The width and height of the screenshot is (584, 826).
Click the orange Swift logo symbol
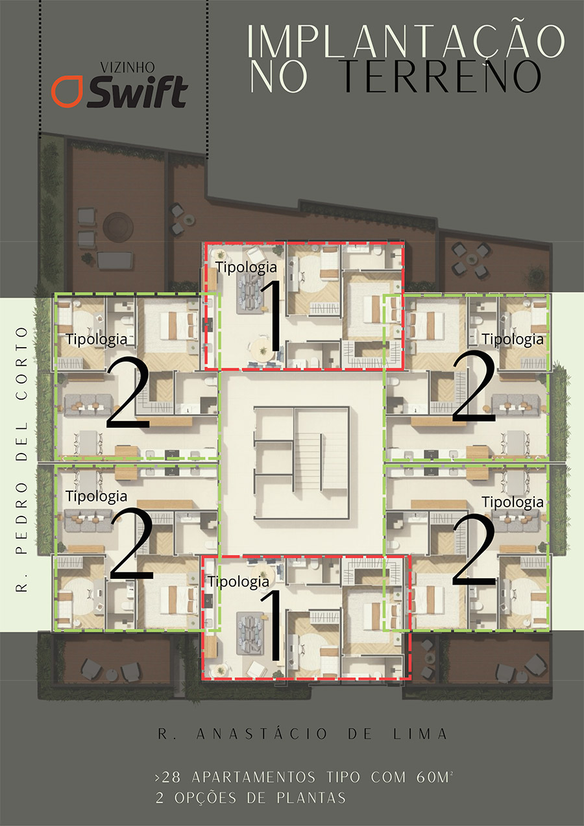(x=67, y=91)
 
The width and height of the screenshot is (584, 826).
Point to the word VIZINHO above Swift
(x=128, y=67)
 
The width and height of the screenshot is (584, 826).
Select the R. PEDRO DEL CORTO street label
(x=22, y=459)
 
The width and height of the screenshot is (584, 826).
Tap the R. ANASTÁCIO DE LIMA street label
(x=303, y=734)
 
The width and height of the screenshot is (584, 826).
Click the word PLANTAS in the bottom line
(x=311, y=797)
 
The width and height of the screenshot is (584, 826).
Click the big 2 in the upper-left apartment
(x=128, y=393)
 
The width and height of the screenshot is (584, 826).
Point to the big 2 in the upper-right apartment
(x=474, y=385)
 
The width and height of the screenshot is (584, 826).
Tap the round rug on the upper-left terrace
(x=118, y=226)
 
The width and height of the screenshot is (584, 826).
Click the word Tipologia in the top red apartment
(x=246, y=267)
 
